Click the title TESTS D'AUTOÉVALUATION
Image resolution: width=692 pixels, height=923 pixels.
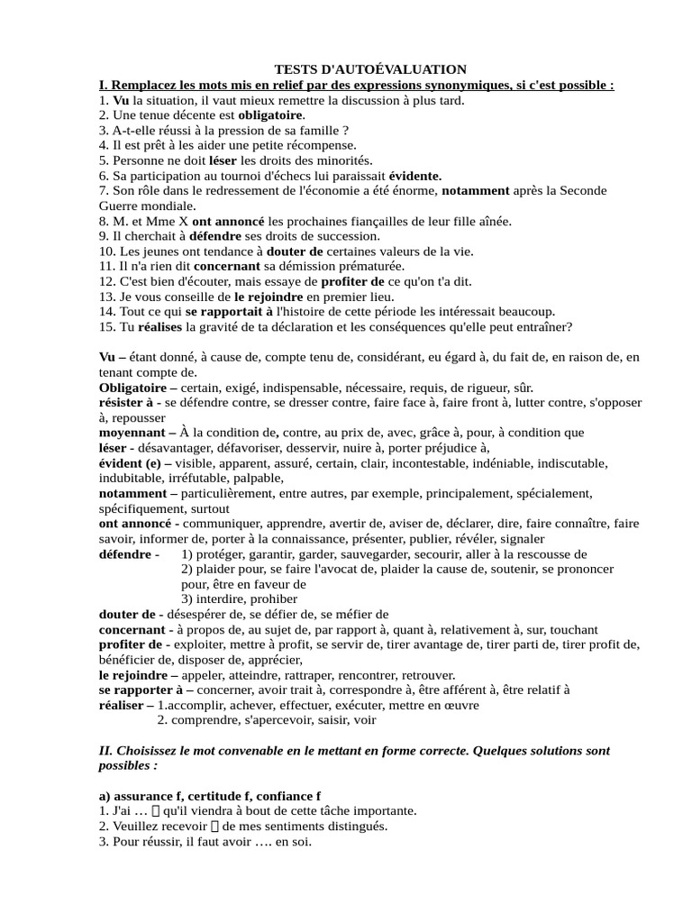click(x=370, y=69)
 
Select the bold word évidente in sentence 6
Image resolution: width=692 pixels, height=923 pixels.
click(x=414, y=176)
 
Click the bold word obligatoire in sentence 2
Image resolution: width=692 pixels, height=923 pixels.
click(x=271, y=115)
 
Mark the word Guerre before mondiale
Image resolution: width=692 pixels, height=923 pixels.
click(x=121, y=206)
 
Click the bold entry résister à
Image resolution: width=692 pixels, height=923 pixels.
click(x=130, y=403)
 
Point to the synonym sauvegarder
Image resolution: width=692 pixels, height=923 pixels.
click(x=410, y=554)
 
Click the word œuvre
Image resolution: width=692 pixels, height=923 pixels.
click(x=458, y=705)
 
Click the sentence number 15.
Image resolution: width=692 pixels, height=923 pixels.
click(x=106, y=326)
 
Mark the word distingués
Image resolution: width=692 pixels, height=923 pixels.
click(x=356, y=827)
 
